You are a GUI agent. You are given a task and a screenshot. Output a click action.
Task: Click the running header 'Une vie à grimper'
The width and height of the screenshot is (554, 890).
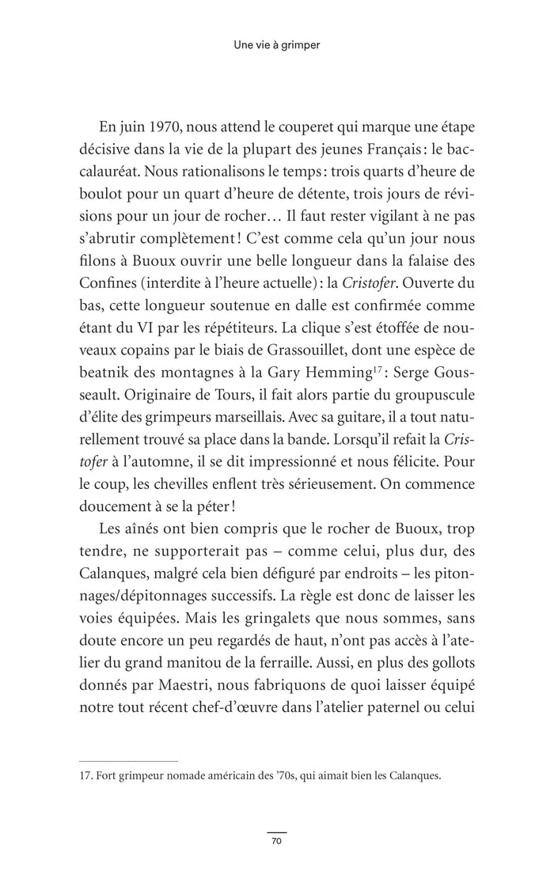click(x=276, y=46)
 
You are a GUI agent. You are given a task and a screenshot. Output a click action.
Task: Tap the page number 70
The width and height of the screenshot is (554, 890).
click(x=276, y=842)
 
